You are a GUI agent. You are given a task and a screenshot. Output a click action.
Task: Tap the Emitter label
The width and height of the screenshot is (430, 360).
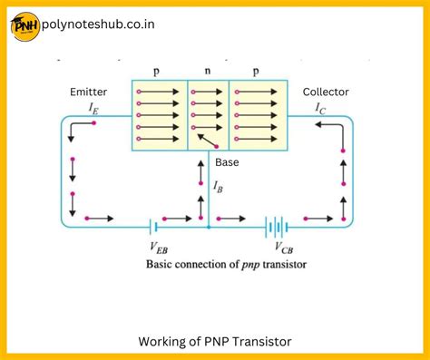point(89,92)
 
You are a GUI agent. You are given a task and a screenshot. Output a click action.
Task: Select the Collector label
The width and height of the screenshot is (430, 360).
point(326,92)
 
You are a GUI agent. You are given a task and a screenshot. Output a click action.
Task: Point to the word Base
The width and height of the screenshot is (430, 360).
point(227,162)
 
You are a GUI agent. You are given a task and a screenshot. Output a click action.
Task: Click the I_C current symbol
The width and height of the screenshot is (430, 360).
point(319,108)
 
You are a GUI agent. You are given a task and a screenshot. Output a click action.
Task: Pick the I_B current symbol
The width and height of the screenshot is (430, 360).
point(218,186)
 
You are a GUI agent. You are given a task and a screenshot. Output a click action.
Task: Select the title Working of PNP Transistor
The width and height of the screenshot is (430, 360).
point(214,342)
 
